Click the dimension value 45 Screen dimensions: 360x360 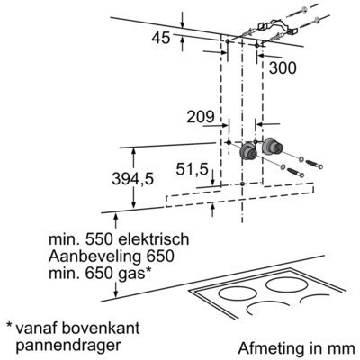(x=161, y=39)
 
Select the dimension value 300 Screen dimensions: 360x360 (x=283, y=68)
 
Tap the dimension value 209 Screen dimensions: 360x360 (x=201, y=117)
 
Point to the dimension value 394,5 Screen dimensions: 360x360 (x=132, y=180)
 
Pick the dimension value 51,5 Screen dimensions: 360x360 (x=192, y=170)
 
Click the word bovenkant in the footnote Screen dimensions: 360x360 (x=101, y=328)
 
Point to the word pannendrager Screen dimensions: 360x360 (x=68, y=346)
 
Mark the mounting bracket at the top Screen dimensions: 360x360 (x=276, y=27)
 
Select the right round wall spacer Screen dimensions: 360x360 (x=273, y=147)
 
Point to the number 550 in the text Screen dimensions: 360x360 (x=99, y=239)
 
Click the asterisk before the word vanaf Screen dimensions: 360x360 (x=9, y=325)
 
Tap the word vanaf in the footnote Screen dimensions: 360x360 (x=36, y=328)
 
